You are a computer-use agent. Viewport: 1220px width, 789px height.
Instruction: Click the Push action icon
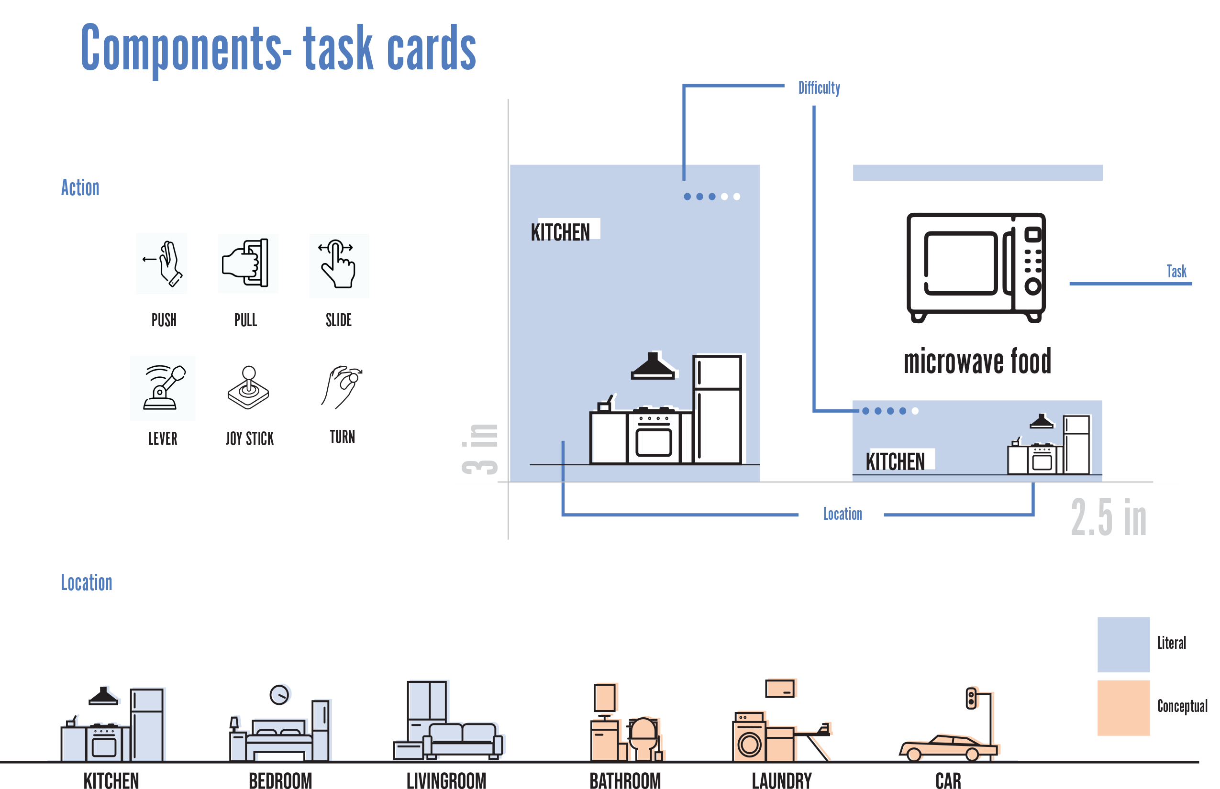pos(162,263)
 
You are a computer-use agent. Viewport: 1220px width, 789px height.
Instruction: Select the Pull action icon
pos(248,263)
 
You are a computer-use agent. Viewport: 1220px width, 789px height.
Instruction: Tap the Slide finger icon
pos(339,265)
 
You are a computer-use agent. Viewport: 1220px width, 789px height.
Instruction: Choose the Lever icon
pos(163,388)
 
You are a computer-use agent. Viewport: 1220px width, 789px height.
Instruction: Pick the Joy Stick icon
pos(248,388)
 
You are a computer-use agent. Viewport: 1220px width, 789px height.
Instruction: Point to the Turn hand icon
pos(342,387)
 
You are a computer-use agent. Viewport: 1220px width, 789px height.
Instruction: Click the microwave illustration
pos(976,266)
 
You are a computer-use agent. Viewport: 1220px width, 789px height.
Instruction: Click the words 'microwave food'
pos(977,361)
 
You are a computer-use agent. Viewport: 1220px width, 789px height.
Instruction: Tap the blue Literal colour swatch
pos(1123,645)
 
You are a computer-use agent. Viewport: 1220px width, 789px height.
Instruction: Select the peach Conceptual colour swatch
pos(1123,708)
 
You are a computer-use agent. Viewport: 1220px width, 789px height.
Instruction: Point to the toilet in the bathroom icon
pos(643,738)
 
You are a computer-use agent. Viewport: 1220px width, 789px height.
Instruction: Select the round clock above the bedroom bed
pos(281,694)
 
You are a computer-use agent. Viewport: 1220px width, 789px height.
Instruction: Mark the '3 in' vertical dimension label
pos(480,449)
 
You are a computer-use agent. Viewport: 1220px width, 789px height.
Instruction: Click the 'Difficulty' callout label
pos(819,88)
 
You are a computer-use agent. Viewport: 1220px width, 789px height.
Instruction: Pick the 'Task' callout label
pos(1176,271)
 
